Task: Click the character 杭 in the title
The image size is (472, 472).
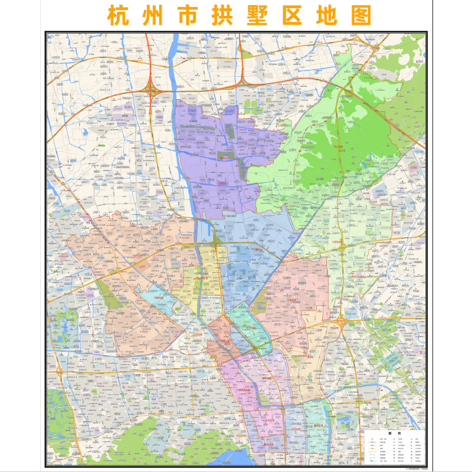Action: (117, 15)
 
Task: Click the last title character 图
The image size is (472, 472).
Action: (361, 15)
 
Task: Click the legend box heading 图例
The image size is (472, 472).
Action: (394, 434)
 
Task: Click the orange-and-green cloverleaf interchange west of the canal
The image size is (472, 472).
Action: (153, 90)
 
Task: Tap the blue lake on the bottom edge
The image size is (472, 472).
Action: (233, 460)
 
